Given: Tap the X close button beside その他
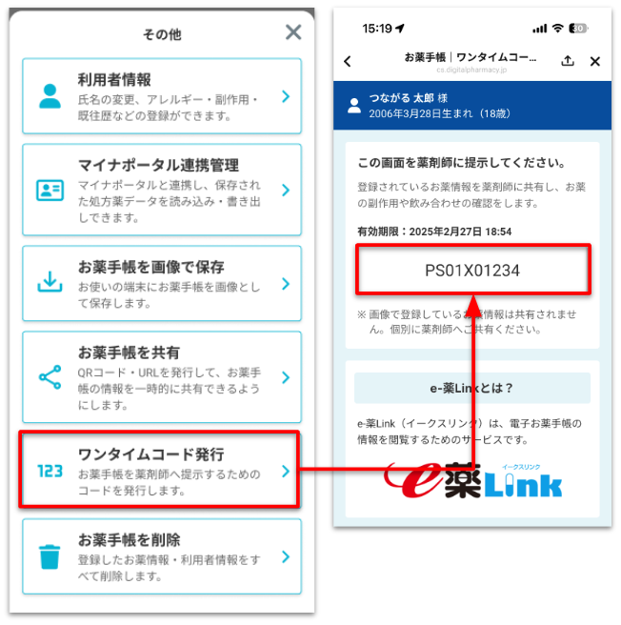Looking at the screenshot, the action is tap(293, 31).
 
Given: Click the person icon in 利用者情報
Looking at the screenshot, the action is tap(50, 96).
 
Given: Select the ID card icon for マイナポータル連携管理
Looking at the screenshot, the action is tap(50, 191).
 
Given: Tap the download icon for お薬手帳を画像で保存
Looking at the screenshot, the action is tap(50, 281).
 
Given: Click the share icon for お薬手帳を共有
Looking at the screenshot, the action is tap(50, 377).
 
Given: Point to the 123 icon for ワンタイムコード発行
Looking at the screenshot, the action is tap(50, 472).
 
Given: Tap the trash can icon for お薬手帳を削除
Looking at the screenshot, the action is tap(50, 556).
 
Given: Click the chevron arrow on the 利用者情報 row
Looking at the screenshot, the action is tap(286, 96).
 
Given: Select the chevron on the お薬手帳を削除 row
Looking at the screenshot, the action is tap(286, 556).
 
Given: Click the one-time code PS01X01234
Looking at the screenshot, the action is tap(472, 271).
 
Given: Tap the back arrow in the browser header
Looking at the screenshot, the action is tap(348, 61).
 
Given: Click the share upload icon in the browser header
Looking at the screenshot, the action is tap(568, 61).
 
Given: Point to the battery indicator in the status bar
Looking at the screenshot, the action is tap(578, 29).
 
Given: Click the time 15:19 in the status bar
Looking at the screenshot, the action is tap(377, 29).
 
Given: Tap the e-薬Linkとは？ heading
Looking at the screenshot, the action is tap(472, 388).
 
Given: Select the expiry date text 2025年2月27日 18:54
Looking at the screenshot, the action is tap(460, 232).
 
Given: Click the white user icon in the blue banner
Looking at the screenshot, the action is tap(354, 106).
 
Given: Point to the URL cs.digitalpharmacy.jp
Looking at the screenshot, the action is tap(471, 71).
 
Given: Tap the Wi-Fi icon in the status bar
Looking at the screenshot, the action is tap(557, 28).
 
